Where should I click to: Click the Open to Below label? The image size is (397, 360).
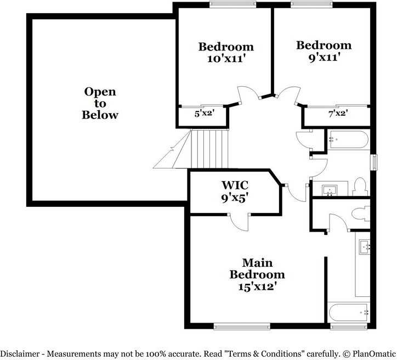(100, 103)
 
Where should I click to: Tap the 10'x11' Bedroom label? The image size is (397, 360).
(226, 53)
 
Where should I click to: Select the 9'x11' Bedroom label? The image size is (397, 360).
(324, 51)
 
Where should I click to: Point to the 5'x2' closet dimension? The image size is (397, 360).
(204, 114)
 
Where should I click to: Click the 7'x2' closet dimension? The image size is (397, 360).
(338, 114)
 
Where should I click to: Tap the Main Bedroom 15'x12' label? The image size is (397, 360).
(257, 274)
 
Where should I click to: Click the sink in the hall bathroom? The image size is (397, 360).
(330, 190)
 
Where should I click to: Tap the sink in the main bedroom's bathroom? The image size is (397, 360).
(365, 248)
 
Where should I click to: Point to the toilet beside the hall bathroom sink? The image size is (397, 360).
(360, 186)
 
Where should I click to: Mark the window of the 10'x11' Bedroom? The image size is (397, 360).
(233, 4)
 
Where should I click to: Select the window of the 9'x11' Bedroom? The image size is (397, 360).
(311, 4)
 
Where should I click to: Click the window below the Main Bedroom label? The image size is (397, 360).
(241, 327)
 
